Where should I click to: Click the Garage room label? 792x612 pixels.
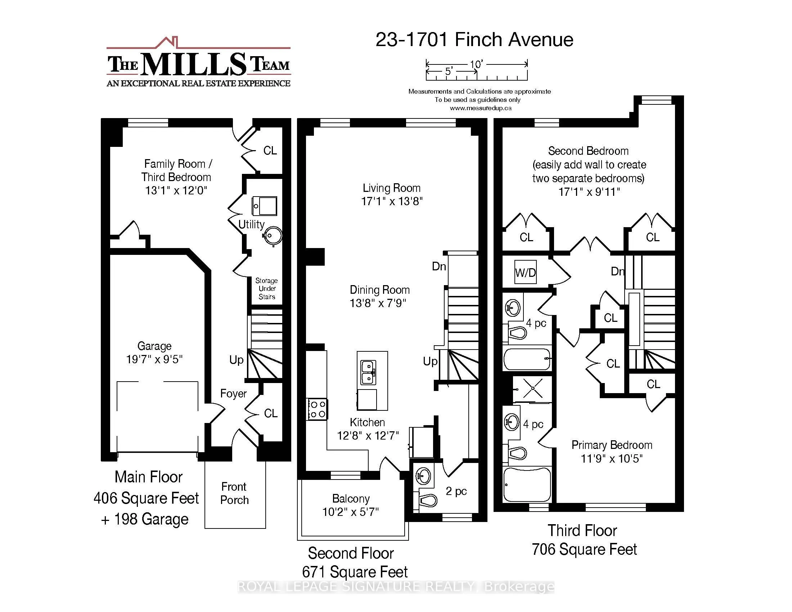154,346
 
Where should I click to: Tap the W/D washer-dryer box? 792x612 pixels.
526,272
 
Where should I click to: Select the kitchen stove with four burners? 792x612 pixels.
317,409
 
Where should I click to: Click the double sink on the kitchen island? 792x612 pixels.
368,372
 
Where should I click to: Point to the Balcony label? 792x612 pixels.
351,499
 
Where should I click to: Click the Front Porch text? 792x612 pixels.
234,493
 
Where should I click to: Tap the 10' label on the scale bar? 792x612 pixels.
476,64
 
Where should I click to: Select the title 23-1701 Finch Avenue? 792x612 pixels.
474,40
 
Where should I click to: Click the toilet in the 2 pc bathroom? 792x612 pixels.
428,501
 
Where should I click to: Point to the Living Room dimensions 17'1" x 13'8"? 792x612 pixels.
392,201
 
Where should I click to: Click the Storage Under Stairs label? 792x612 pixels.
266,289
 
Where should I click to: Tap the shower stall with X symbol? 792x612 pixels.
532,389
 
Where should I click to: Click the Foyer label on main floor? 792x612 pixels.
233,393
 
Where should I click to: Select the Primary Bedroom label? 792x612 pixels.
611,445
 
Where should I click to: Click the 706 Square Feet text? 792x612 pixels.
584,549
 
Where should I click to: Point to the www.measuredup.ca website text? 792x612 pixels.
481,108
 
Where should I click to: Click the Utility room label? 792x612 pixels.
251,224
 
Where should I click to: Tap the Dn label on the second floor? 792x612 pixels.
439,266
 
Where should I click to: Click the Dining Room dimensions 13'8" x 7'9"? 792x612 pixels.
378,303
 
